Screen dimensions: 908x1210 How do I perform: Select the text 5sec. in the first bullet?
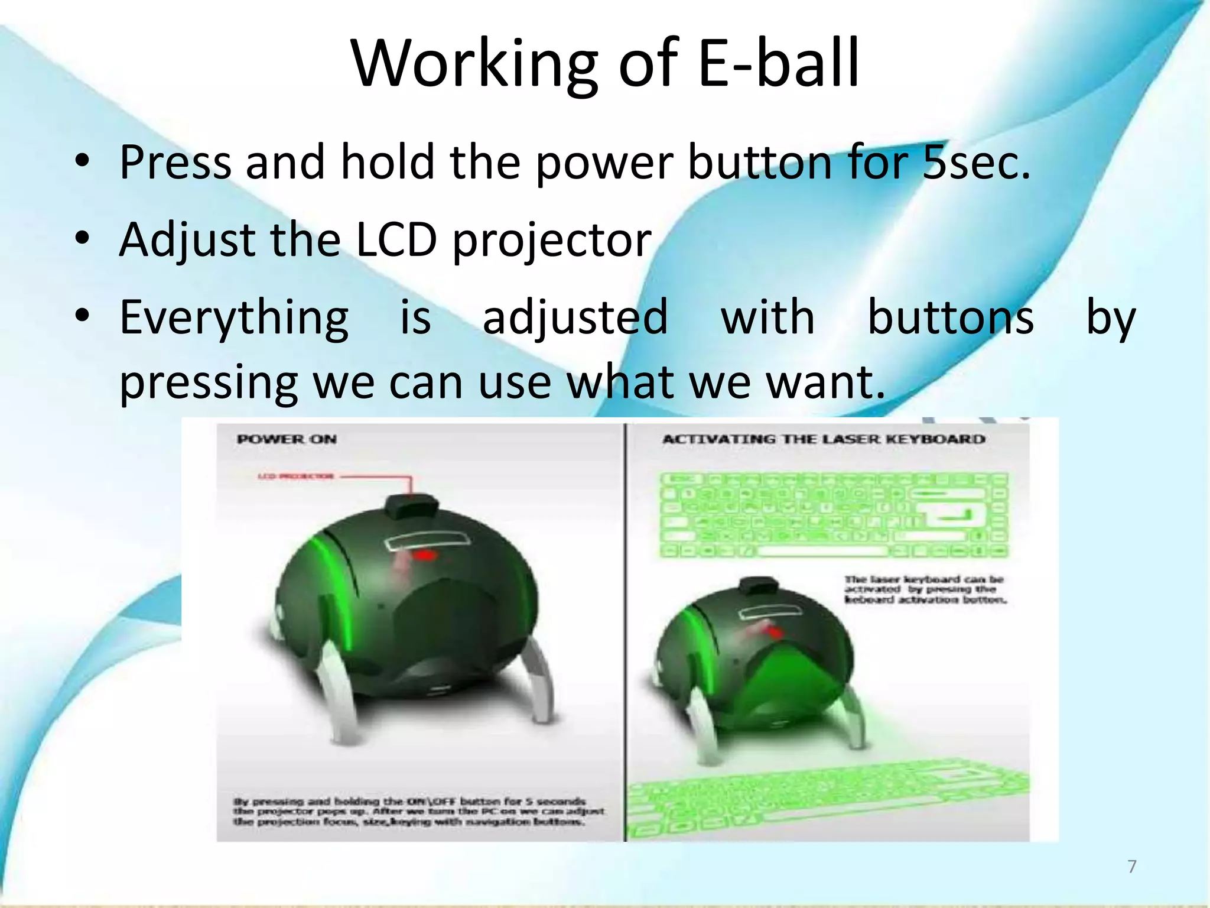coord(976,162)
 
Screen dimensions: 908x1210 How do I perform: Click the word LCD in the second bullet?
coord(396,240)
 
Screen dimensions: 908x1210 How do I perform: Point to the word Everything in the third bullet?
coord(234,318)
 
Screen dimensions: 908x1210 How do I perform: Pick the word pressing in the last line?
coord(209,383)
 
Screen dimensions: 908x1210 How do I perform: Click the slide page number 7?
coord(1132,866)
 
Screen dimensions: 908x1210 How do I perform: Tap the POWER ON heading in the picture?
coord(287,439)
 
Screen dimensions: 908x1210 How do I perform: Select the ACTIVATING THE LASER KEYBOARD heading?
coord(824,439)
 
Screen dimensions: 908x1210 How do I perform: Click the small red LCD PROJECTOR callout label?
coord(296,476)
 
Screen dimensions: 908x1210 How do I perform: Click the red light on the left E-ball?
coord(424,554)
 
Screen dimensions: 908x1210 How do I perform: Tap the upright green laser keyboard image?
coord(833,514)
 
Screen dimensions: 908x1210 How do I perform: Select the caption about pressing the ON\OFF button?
coord(418,812)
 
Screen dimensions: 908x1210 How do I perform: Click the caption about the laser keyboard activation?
coord(925,589)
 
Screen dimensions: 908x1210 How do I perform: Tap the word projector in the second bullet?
coord(552,241)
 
